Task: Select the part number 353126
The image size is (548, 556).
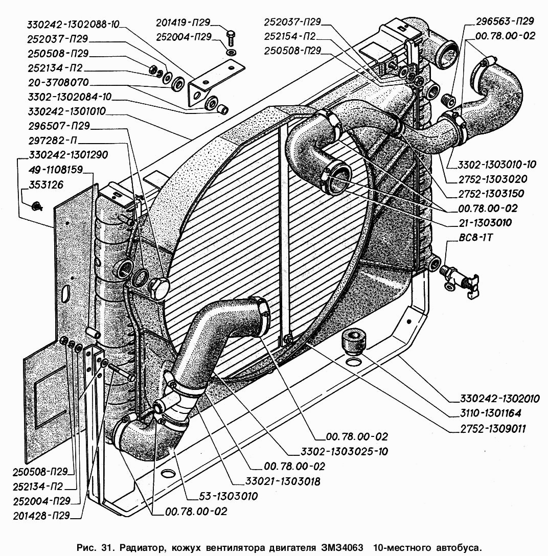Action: tap(47, 185)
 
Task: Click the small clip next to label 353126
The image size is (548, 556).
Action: tap(35, 205)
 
